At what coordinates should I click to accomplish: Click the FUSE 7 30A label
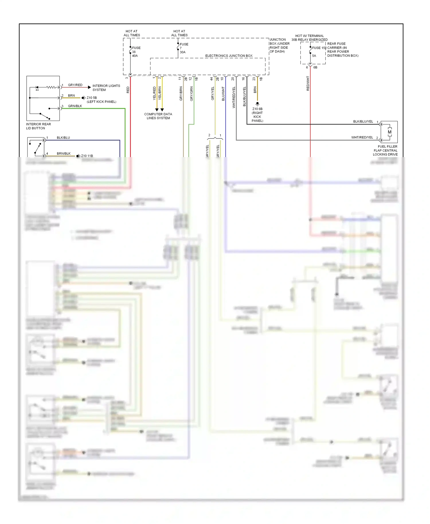(183, 48)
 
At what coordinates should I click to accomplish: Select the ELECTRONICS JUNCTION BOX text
(229, 56)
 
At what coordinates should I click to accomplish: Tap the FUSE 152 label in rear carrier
(319, 48)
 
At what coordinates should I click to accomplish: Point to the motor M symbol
(389, 132)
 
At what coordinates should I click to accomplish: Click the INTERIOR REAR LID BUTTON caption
(38, 126)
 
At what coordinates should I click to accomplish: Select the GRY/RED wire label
(75, 85)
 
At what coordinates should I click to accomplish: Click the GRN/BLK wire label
(75, 106)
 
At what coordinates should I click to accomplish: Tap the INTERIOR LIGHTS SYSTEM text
(106, 88)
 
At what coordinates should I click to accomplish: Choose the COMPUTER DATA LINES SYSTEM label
(158, 116)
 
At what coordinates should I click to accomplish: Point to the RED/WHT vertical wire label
(308, 83)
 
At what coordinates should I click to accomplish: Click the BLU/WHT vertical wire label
(223, 94)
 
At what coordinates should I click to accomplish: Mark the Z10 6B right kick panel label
(257, 115)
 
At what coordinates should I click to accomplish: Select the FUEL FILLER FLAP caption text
(385, 150)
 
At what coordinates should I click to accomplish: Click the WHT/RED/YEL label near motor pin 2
(362, 138)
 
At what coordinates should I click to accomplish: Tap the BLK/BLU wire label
(63, 138)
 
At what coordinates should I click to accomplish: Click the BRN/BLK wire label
(63, 154)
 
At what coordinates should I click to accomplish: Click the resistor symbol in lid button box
(51, 87)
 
